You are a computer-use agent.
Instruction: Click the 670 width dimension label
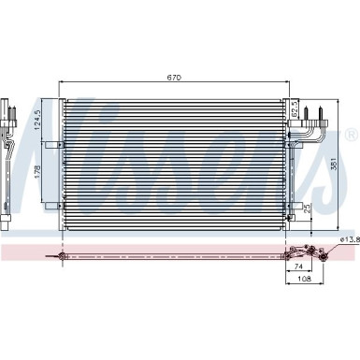click(175, 78)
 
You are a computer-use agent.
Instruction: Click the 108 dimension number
click(303, 280)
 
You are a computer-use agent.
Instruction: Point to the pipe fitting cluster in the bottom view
click(304, 252)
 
